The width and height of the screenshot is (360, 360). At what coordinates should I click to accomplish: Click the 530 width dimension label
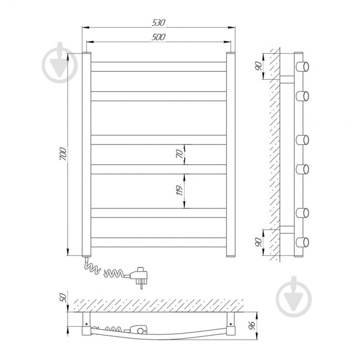pos(159,23)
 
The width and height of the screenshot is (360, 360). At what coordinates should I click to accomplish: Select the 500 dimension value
pos(159,37)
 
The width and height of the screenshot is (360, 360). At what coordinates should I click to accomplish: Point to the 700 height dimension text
pos(63,154)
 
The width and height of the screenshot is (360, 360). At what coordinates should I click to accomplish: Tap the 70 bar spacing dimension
pos(180,154)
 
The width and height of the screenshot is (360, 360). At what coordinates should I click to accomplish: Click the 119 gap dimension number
pos(179,190)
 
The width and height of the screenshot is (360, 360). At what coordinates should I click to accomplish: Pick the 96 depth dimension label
pos(252,326)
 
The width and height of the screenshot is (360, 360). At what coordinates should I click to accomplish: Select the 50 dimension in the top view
pos(63,297)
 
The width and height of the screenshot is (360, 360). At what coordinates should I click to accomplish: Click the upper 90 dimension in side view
pos(259,66)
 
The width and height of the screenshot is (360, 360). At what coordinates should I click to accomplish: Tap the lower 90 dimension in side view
pos(259,242)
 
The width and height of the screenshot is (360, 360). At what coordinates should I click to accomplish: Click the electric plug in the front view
pos(139,277)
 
